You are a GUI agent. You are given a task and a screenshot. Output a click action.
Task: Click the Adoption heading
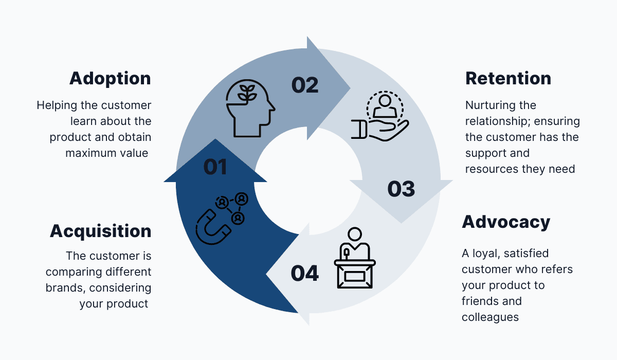pyautogui.click(x=110, y=79)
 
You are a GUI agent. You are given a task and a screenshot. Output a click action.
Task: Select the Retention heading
pyautogui.click(x=508, y=79)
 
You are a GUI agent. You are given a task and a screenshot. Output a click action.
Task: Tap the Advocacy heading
pyautogui.click(x=506, y=222)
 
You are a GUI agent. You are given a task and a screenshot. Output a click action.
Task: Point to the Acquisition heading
pyautogui.click(x=100, y=231)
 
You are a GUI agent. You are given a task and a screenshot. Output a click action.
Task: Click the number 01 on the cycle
pyautogui.click(x=215, y=167)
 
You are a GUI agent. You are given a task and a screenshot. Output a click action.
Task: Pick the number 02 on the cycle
pyautogui.click(x=305, y=85)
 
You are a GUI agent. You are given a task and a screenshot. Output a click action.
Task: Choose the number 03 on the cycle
pyautogui.click(x=401, y=189)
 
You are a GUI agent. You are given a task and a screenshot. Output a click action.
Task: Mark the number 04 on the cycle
pyautogui.click(x=305, y=273)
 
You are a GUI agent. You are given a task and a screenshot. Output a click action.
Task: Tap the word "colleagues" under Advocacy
pyautogui.click(x=490, y=317)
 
